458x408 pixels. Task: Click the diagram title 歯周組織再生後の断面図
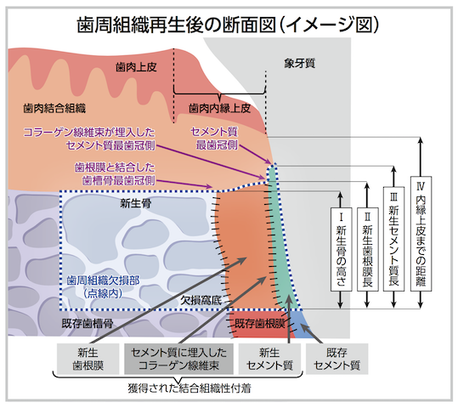pos(177,25)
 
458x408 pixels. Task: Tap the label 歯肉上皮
pos(136,67)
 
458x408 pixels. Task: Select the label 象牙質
pos(299,63)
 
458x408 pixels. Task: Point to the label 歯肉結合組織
pos(54,109)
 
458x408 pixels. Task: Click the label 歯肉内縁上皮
pos(219,109)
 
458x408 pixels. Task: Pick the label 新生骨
pos(136,203)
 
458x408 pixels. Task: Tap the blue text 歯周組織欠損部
pos(103,280)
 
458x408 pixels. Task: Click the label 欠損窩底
pos(201,300)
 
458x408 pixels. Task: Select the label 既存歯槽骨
pos(88,323)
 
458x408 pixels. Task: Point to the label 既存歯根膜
pos(260,323)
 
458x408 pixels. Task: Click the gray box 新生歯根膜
pos(88,359)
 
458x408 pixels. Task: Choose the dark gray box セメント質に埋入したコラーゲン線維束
pos(178,359)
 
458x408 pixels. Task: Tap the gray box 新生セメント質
pos(269,359)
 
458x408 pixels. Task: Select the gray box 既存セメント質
pos(336,359)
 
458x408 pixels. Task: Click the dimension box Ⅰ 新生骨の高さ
pos(341,249)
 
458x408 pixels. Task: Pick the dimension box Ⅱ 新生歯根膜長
pos(368,249)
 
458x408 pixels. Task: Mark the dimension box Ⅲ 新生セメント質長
pos(393,239)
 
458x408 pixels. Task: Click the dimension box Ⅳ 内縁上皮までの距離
pos(421,234)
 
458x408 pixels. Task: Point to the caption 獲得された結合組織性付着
pos(189,388)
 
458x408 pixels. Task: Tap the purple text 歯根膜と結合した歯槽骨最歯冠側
pos(115,174)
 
